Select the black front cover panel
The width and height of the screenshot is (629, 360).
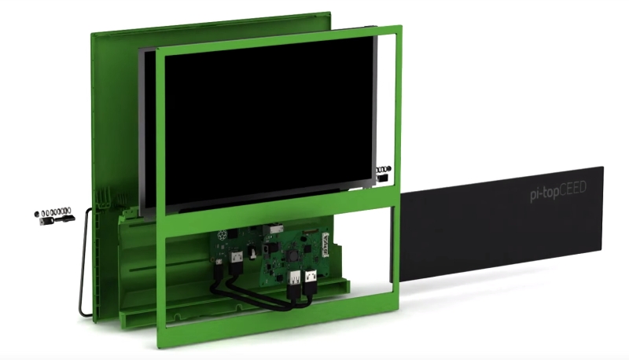503,228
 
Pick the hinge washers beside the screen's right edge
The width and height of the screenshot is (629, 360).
383,170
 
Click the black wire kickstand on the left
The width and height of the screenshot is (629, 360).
82,267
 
